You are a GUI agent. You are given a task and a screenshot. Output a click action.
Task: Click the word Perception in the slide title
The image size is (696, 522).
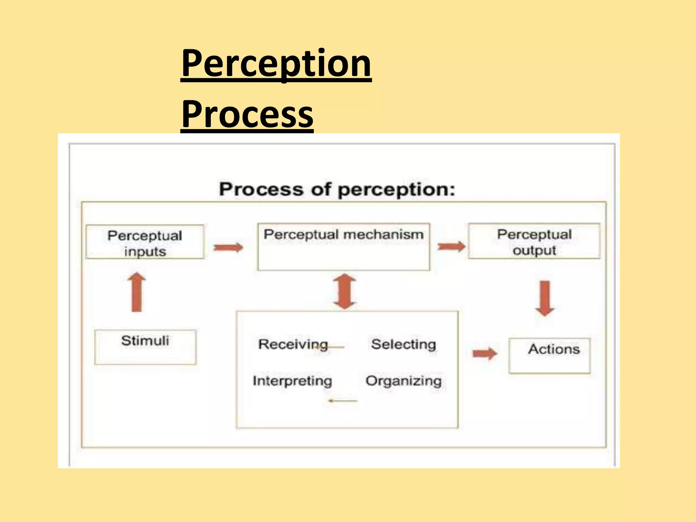(276, 64)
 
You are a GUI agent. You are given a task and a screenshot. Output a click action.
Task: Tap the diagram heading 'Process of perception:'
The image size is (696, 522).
(337, 189)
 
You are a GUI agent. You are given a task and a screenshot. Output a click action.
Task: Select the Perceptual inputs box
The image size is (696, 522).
(145, 242)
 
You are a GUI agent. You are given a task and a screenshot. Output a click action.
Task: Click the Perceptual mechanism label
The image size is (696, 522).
(344, 234)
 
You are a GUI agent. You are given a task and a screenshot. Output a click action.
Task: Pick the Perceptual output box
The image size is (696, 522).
(534, 241)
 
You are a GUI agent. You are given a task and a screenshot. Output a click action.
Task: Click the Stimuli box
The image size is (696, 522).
(145, 347)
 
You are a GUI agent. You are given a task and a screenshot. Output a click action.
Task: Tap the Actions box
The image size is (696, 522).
(550, 355)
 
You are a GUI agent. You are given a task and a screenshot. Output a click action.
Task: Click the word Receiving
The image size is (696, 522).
(293, 344)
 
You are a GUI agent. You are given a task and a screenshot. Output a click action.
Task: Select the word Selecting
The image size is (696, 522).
(403, 344)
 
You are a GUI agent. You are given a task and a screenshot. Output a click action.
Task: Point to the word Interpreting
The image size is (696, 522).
(292, 381)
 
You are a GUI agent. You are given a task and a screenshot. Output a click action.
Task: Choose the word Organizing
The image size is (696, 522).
(403, 381)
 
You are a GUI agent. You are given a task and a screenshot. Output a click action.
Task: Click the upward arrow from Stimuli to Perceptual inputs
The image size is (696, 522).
(137, 292)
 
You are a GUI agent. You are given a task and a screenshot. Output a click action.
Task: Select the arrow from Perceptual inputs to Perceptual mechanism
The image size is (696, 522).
(228, 247)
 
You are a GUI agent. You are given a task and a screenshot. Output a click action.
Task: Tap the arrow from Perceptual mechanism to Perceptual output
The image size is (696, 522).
(451, 246)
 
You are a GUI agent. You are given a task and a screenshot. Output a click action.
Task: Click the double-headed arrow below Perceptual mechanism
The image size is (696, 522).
(345, 291)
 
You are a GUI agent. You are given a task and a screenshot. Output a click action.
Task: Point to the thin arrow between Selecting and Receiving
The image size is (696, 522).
(331, 347)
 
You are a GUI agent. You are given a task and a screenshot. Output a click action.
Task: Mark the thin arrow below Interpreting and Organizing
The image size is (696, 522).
(343, 401)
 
